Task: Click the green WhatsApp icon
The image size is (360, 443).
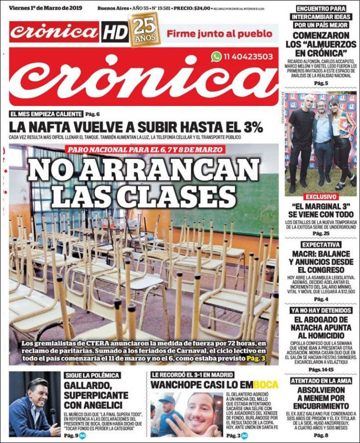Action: coord(216,57)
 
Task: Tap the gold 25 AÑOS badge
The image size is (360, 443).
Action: coord(144,29)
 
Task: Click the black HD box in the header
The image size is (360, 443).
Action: coord(115,32)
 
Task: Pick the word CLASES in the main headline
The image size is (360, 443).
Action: coord(180,197)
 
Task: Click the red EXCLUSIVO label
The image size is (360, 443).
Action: coord(320,197)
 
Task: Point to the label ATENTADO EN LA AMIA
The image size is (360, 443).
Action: coord(320,380)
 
